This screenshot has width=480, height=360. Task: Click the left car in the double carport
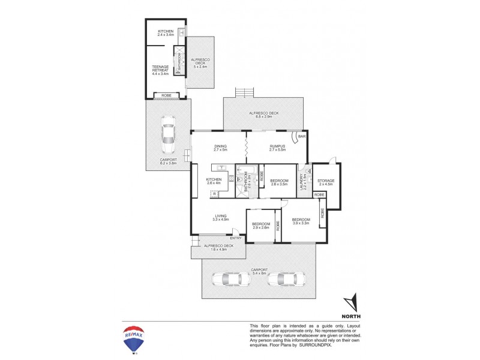(226, 279)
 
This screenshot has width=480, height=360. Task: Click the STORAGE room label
(326, 181)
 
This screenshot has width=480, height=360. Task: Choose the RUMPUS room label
(277, 146)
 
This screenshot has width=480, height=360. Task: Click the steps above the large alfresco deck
(245, 92)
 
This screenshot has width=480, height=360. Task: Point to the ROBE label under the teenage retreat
(166, 95)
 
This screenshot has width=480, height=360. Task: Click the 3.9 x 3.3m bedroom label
(300, 221)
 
